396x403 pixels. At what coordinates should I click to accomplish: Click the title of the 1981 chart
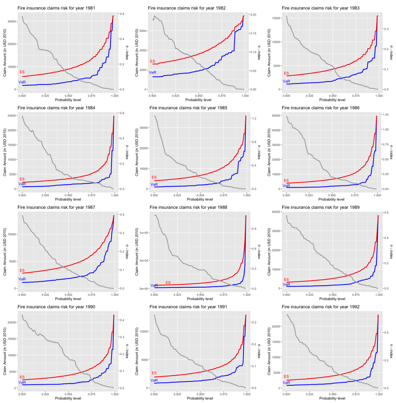[56, 8]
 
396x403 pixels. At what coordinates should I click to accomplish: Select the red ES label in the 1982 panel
[153, 61]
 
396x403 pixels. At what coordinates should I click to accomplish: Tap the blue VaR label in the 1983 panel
[286, 81]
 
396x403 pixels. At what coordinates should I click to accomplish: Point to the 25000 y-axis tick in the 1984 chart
[12, 116]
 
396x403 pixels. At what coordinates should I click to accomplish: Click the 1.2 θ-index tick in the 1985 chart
[254, 118]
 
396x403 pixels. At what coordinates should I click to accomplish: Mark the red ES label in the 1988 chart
[168, 283]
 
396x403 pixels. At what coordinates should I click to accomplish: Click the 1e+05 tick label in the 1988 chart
[145, 233]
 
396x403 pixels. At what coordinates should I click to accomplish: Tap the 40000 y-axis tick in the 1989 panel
[276, 212]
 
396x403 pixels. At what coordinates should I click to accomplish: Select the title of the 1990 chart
[56, 307]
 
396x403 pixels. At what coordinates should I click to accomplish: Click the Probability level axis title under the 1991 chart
[200, 398]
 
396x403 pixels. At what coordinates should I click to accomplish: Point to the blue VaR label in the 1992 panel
[286, 383]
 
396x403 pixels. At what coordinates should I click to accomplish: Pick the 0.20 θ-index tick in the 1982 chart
[253, 15]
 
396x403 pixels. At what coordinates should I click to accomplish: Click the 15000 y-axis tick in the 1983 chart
[276, 18]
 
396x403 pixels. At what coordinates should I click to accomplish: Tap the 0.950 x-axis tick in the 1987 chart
[68, 295]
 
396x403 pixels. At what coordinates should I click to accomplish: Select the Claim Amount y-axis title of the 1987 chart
[5, 252]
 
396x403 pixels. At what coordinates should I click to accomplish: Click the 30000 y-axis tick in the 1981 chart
[12, 21]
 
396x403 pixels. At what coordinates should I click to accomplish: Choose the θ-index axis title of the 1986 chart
[391, 152]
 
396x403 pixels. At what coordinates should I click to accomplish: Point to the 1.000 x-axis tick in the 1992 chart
[379, 394]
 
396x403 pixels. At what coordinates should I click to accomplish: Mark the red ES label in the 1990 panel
[22, 377]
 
